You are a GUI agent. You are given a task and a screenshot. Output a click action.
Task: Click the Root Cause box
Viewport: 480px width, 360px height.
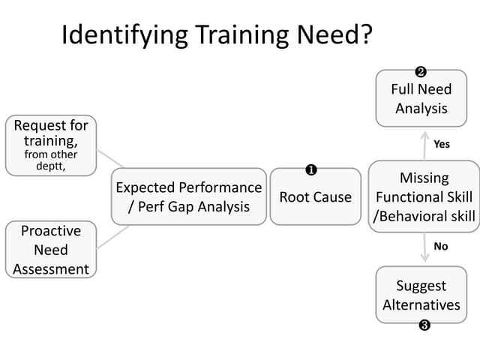[315, 196]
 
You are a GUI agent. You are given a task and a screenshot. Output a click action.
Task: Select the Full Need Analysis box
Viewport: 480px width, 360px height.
[421, 98]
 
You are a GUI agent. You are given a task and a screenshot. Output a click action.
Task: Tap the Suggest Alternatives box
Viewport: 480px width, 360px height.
[421, 295]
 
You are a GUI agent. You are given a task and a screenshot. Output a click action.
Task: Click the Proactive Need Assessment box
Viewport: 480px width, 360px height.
[51, 250]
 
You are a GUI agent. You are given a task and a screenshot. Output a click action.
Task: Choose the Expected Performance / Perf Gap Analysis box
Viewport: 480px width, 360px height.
[189, 196]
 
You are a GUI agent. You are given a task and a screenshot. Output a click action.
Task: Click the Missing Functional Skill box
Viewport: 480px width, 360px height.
[424, 196]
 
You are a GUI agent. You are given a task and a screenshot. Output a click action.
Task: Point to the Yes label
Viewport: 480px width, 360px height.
[442, 144]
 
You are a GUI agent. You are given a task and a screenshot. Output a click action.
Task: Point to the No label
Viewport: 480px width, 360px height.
[441, 246]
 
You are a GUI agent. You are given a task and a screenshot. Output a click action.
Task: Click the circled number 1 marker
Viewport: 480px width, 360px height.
[310, 170]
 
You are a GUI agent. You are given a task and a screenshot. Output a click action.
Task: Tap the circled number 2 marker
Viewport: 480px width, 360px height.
[421, 72]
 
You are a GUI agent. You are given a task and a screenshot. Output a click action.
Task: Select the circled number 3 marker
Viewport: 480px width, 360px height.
[424, 325]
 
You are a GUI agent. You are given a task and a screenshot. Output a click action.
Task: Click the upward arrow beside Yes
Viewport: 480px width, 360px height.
[424, 145]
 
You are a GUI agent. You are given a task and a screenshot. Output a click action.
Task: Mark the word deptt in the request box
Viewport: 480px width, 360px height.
[50, 166]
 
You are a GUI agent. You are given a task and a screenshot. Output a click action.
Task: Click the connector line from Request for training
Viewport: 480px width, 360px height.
[110, 158]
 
